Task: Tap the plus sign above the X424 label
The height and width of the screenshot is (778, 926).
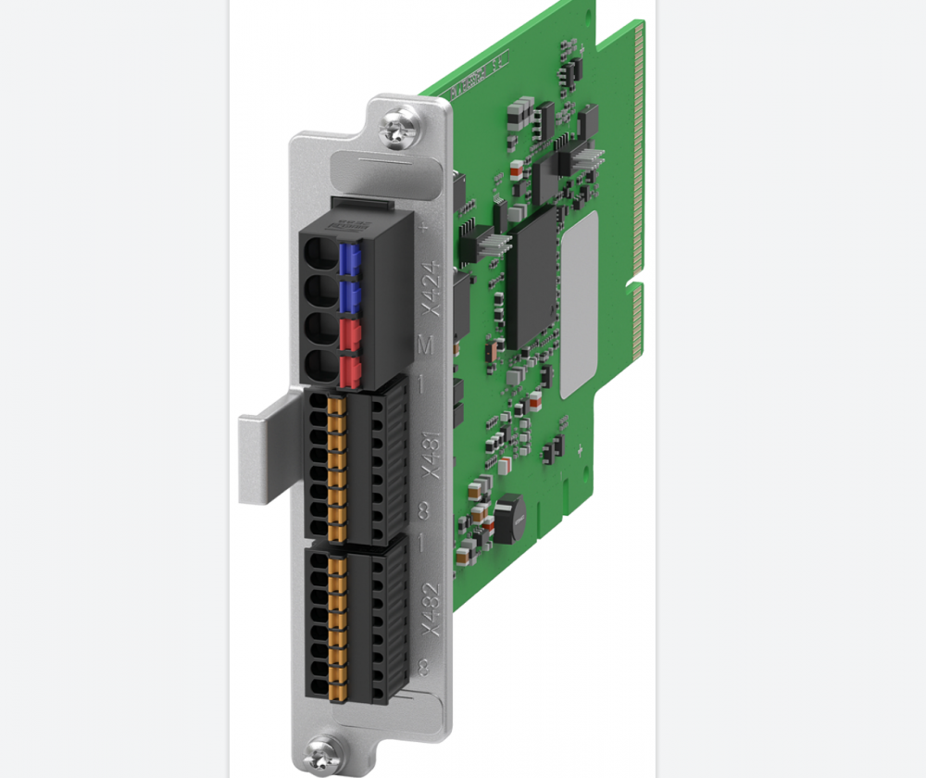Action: tap(425, 225)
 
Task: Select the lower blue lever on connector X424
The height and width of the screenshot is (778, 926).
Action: tap(350, 296)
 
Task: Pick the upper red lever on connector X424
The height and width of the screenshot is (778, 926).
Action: tap(350, 333)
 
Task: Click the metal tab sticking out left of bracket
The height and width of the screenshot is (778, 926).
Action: tap(264, 458)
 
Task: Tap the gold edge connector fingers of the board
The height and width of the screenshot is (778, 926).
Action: tap(638, 167)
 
